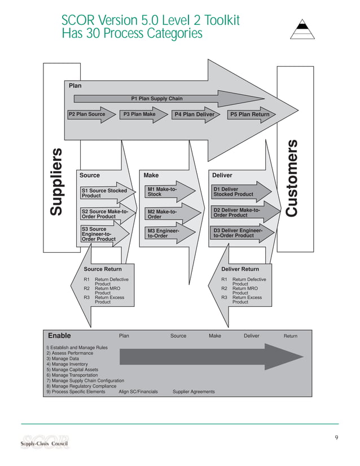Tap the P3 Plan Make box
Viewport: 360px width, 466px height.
point(139,115)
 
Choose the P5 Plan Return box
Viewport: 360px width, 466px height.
point(249,115)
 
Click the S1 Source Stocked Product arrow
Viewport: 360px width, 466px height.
point(106,193)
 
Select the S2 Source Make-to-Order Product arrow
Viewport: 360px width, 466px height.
point(106,214)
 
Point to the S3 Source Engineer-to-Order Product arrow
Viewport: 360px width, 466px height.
point(104,234)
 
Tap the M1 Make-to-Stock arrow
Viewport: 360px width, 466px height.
point(169,192)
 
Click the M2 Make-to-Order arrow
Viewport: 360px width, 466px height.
point(169,214)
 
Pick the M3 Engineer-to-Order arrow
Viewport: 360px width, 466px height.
point(169,233)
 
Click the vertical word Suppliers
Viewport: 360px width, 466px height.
point(56,182)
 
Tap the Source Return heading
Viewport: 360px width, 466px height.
point(103,269)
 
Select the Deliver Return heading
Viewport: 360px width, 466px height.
point(240,269)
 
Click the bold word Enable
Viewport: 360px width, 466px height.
point(59,336)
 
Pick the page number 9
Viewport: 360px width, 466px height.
point(336,438)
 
